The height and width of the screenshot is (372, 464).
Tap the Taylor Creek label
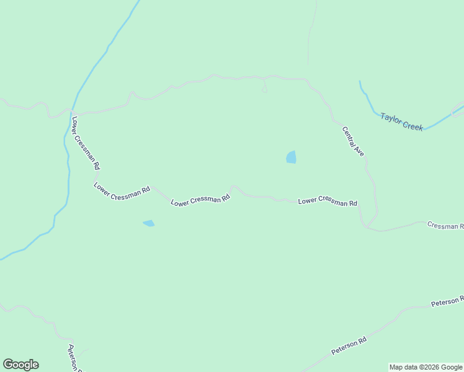(x=402, y=121)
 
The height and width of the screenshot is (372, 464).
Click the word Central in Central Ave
(x=349, y=136)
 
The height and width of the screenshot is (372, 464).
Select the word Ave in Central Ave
(x=359, y=151)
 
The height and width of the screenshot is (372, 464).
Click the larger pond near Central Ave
(x=291, y=157)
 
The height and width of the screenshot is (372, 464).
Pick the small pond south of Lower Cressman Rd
(x=149, y=223)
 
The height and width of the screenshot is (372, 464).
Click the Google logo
(x=20, y=365)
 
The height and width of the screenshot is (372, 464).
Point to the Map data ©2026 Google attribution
(x=426, y=367)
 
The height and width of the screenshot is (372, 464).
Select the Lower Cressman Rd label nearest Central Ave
(x=328, y=202)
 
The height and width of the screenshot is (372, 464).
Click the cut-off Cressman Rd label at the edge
(x=445, y=225)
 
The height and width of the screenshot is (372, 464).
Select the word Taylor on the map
(x=391, y=118)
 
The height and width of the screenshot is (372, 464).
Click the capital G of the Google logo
(x=8, y=365)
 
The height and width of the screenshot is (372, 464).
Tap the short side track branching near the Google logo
(x=83, y=352)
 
